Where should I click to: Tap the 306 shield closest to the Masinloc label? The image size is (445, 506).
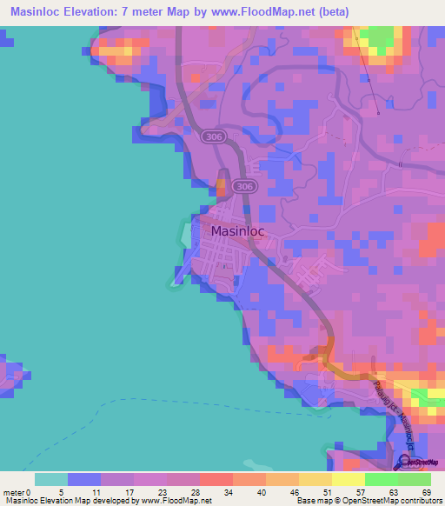point(246,186)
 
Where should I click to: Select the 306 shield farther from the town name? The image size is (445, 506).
point(211,136)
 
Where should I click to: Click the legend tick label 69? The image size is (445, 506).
point(425,491)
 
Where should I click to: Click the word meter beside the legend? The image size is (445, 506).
point(12,491)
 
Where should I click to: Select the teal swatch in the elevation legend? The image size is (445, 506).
point(51,479)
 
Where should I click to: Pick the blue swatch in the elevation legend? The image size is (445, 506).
point(84,479)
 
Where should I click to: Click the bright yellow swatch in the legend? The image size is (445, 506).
point(348,479)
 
